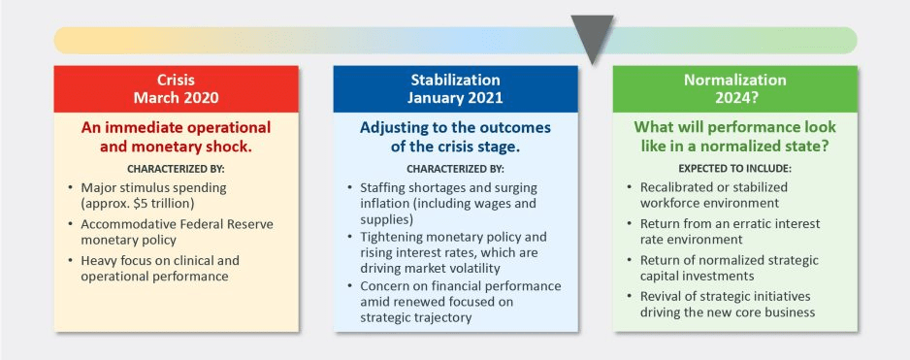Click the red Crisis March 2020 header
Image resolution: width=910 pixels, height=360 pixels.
177,89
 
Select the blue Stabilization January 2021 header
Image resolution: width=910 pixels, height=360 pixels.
456,89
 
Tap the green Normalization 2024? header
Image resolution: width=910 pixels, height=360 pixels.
734,89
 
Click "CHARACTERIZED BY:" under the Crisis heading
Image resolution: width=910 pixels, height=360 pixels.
176,170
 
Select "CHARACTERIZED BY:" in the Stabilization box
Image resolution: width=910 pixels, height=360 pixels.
456,170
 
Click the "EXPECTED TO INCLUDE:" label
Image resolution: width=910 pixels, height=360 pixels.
734,170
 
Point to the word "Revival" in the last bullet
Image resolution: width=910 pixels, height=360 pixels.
660,297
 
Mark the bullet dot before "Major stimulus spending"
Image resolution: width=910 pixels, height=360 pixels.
70,188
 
